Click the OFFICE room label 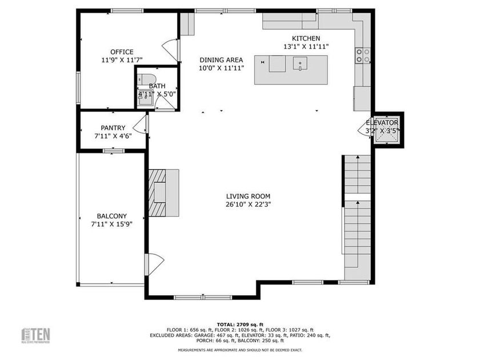pyautogui.click(x=122, y=52)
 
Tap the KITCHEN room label pyautogui.click(x=306, y=38)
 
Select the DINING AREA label pyautogui.click(x=221, y=60)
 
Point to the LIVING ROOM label pyautogui.click(x=248, y=196)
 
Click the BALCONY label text pyautogui.click(x=111, y=216)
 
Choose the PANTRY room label pyautogui.click(x=113, y=128)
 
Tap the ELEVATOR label pyautogui.click(x=382, y=122)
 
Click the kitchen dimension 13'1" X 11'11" pyautogui.click(x=306, y=46)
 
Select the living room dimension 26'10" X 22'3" pyautogui.click(x=248, y=204)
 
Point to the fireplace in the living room pyautogui.click(x=163, y=193)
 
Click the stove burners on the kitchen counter pyautogui.click(x=362, y=55)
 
